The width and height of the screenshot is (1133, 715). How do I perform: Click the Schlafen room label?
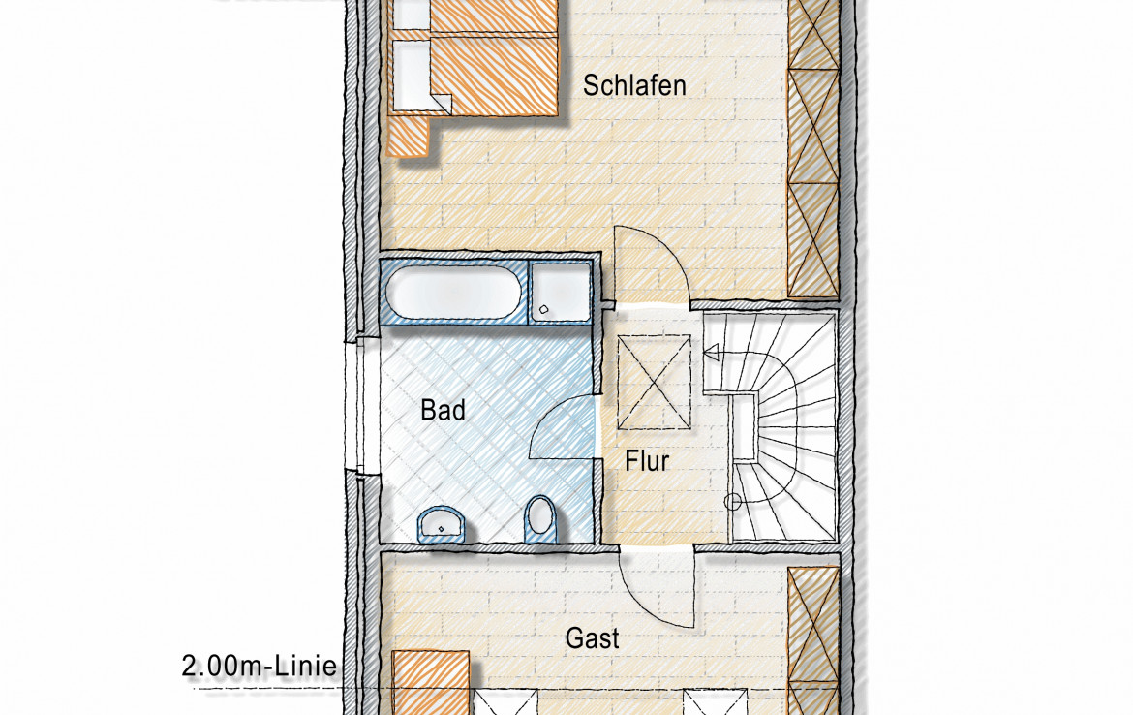pyautogui.click(x=634, y=85)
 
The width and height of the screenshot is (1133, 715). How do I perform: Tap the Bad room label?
pyautogui.click(x=443, y=411)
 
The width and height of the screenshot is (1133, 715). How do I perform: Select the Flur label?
pyautogui.click(x=647, y=460)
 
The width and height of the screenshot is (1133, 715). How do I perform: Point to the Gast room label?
pyautogui.click(x=592, y=638)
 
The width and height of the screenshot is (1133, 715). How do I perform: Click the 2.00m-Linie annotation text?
pyautogui.click(x=259, y=666)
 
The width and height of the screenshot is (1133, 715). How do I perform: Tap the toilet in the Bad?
pyautogui.click(x=539, y=514)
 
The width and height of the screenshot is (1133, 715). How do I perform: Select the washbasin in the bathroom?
pyautogui.click(x=441, y=523)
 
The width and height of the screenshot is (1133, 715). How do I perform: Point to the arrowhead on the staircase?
pyautogui.click(x=711, y=354)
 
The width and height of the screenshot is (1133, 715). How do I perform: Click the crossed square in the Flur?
pyautogui.click(x=654, y=383)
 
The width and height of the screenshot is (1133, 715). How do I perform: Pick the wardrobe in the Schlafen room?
pyautogui.click(x=812, y=148)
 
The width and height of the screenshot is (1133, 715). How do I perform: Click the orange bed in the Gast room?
pyautogui.click(x=431, y=682)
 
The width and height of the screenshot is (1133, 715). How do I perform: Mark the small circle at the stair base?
pyautogui.click(x=732, y=501)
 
